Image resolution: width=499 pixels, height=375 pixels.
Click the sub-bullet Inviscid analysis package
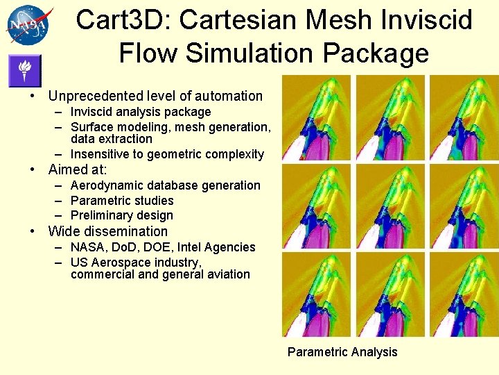[140, 112]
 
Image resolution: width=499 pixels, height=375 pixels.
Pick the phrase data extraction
[111, 139]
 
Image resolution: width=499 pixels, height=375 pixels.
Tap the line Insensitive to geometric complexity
[166, 154]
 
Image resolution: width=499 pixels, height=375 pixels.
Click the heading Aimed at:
[77, 169]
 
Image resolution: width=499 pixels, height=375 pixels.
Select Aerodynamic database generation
[165, 185]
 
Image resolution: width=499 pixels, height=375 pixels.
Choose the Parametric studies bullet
[121, 201]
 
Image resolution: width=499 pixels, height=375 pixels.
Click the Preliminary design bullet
[121, 215]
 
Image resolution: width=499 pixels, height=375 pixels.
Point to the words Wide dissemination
[107, 231]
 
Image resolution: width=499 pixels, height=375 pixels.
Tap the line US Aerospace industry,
[136, 262]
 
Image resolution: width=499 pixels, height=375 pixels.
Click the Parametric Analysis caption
[342, 352]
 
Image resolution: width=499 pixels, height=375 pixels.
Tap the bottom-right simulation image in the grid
[464, 294]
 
